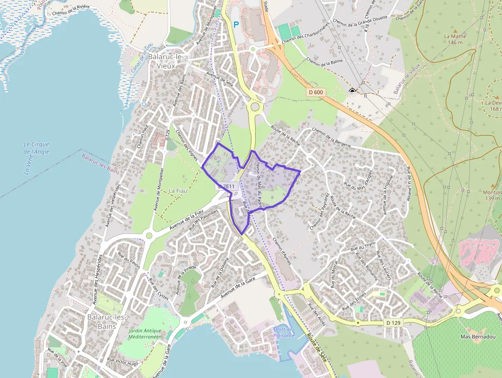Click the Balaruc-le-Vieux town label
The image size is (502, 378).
pos(161,61)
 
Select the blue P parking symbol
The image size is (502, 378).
pos(236,24)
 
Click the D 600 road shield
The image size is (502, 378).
pos(317,92)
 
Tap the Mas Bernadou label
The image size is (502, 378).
pos(477,336)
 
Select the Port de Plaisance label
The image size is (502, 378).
pos(285,333)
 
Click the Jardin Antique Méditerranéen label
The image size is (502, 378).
pos(145,334)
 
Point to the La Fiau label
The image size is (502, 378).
pos(178,191)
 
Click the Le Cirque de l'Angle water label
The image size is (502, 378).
pos(37,148)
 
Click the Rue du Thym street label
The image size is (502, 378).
pos(363,247)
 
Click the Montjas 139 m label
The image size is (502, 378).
pos(491,195)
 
